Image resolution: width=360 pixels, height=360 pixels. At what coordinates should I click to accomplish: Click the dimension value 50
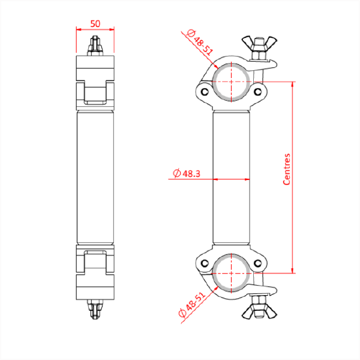point(95,23)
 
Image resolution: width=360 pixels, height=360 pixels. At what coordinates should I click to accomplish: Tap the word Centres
point(287,169)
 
